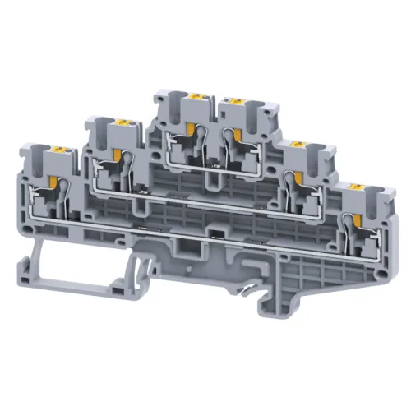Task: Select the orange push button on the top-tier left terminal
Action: tap(197, 99)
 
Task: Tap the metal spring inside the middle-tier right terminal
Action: tap(290, 179)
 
